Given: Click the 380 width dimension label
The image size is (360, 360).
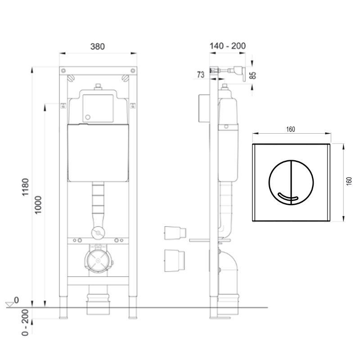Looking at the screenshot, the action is click(x=98, y=46).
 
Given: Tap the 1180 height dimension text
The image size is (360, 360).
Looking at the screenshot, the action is click(x=25, y=187).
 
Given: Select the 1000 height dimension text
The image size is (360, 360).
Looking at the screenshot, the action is click(x=38, y=205).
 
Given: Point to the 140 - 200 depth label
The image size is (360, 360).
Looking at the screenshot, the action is click(x=228, y=46).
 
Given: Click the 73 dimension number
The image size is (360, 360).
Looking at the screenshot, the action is click(x=200, y=75).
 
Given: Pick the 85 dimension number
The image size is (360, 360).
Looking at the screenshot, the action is click(x=252, y=75).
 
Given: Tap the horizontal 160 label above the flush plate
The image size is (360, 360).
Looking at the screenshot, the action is click(x=290, y=129).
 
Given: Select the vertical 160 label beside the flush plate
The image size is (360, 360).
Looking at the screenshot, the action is click(x=349, y=181).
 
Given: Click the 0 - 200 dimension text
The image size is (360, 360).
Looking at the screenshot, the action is click(x=25, y=322).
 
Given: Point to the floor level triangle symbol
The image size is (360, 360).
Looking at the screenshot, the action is click(x=10, y=305).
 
